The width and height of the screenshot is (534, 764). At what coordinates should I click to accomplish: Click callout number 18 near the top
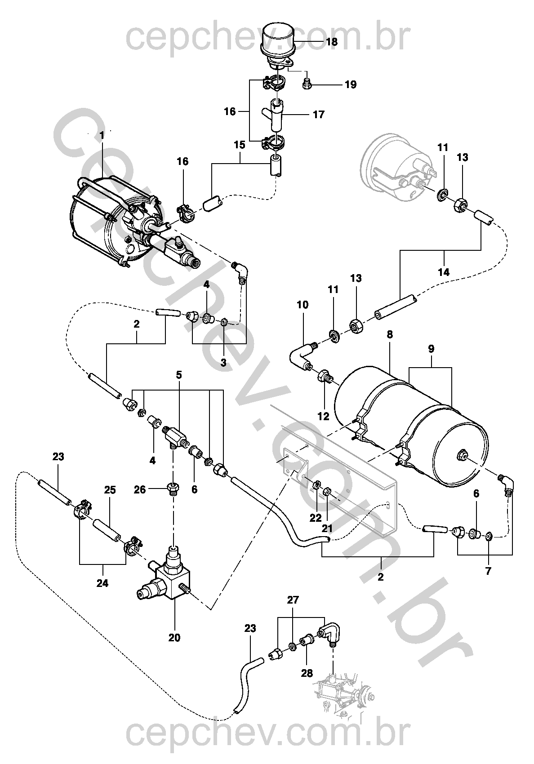332,42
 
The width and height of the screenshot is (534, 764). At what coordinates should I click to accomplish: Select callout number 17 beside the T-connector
319,115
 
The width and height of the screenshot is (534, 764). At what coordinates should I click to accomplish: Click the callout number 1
102,135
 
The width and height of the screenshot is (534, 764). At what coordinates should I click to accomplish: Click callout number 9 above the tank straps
431,349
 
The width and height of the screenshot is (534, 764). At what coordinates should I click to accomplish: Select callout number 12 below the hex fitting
324,416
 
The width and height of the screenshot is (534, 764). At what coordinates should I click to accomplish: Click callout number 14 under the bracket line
444,272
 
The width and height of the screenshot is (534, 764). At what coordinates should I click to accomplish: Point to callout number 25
110,490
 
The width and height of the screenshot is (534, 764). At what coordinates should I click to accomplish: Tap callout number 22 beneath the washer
316,518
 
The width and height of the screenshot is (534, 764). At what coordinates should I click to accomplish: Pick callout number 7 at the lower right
488,571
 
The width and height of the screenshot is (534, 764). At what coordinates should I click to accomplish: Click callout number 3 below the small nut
223,362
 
